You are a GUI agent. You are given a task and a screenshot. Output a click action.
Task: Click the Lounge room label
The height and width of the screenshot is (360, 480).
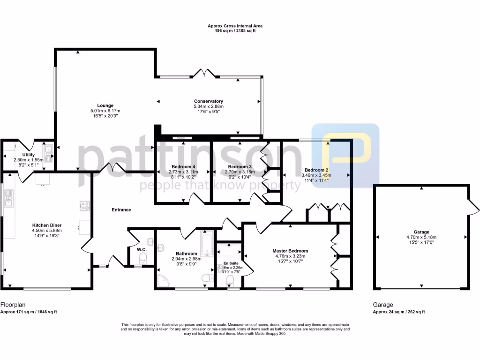[x=105, y=105]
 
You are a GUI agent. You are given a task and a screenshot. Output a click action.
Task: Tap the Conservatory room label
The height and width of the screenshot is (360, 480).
[x=209, y=101]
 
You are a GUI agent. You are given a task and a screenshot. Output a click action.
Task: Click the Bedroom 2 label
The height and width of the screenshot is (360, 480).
[x=316, y=170]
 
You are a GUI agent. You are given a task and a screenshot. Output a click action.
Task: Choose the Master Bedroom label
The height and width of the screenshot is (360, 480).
[x=290, y=251]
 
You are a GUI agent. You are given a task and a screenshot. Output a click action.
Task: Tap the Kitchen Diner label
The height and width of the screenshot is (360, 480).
[x=47, y=225]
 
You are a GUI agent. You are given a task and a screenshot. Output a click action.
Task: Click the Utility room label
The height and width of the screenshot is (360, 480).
[x=28, y=154]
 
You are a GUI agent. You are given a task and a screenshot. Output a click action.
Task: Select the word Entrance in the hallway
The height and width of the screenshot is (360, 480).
[x=121, y=210]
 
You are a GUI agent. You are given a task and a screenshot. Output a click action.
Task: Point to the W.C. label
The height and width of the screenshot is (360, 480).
[x=142, y=250]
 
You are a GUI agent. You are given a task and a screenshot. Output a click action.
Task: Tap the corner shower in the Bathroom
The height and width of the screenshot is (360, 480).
[x=163, y=280]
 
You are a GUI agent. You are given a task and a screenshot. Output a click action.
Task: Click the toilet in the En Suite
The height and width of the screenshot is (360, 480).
[x=230, y=280]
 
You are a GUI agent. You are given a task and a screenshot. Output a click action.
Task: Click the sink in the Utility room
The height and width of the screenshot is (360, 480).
[x=49, y=150]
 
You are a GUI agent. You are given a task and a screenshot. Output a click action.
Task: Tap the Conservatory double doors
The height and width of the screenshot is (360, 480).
[x=205, y=73]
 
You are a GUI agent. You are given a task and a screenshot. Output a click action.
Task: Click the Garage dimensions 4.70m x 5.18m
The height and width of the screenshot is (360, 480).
[x=421, y=237]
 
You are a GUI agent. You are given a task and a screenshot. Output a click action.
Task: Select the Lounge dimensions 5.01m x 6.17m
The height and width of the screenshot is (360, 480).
[x=105, y=111]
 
